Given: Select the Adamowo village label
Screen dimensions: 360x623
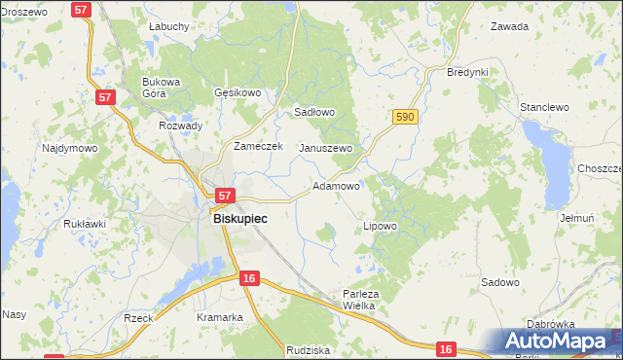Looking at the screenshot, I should (x=337, y=185).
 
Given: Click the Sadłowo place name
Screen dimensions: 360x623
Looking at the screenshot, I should (x=314, y=112).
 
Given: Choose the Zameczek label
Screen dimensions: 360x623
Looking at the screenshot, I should (x=258, y=146).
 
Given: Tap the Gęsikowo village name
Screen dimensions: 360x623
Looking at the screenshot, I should (x=238, y=93).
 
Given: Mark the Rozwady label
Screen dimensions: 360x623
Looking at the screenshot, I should (x=180, y=126).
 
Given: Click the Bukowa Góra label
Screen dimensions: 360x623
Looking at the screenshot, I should (x=162, y=89).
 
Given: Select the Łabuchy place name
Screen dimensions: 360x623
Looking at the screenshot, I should (x=168, y=26).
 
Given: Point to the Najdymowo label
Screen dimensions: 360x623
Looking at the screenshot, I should (x=69, y=148).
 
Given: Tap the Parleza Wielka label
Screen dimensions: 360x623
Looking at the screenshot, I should (x=359, y=299).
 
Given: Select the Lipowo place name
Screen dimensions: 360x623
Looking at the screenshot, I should (x=380, y=226).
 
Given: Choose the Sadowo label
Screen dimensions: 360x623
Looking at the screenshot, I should (x=499, y=282).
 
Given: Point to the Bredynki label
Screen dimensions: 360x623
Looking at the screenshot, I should (x=467, y=73).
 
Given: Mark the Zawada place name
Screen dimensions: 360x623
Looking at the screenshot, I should (x=509, y=26).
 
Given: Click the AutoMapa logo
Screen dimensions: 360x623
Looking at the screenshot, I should (x=558, y=342).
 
